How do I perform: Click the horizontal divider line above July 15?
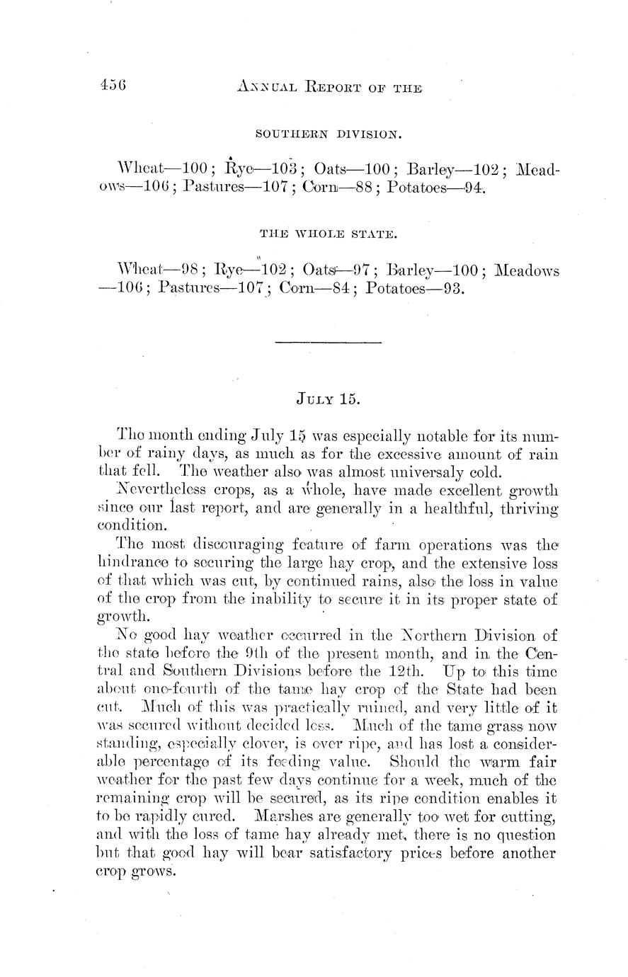click(328, 343)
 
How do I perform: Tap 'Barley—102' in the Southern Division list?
click(452, 170)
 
